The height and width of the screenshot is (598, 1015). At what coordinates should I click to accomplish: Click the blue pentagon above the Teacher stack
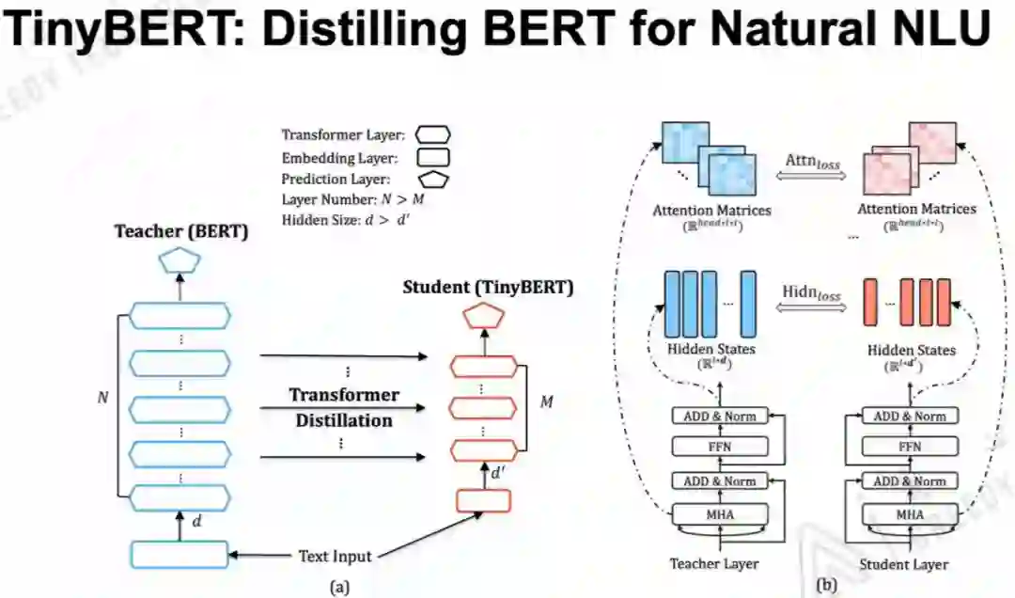tap(179, 261)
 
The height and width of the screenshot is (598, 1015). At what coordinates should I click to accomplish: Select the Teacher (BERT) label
tap(182, 231)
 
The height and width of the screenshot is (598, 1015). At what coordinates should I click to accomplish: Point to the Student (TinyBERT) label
tap(488, 288)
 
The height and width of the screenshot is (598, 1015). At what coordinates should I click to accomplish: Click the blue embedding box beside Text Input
tap(179, 555)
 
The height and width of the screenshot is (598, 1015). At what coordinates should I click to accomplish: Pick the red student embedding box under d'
tap(483, 501)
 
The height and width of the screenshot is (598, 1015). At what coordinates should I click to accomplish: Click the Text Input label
tap(335, 556)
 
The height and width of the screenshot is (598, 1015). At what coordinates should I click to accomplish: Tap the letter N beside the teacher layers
tap(102, 398)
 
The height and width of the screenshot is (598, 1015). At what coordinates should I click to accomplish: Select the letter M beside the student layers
tap(546, 402)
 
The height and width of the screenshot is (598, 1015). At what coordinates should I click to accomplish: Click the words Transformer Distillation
tap(344, 407)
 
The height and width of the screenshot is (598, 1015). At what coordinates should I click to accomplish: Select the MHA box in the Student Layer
tap(909, 514)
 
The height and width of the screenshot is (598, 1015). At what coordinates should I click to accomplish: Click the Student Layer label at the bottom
tap(903, 565)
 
